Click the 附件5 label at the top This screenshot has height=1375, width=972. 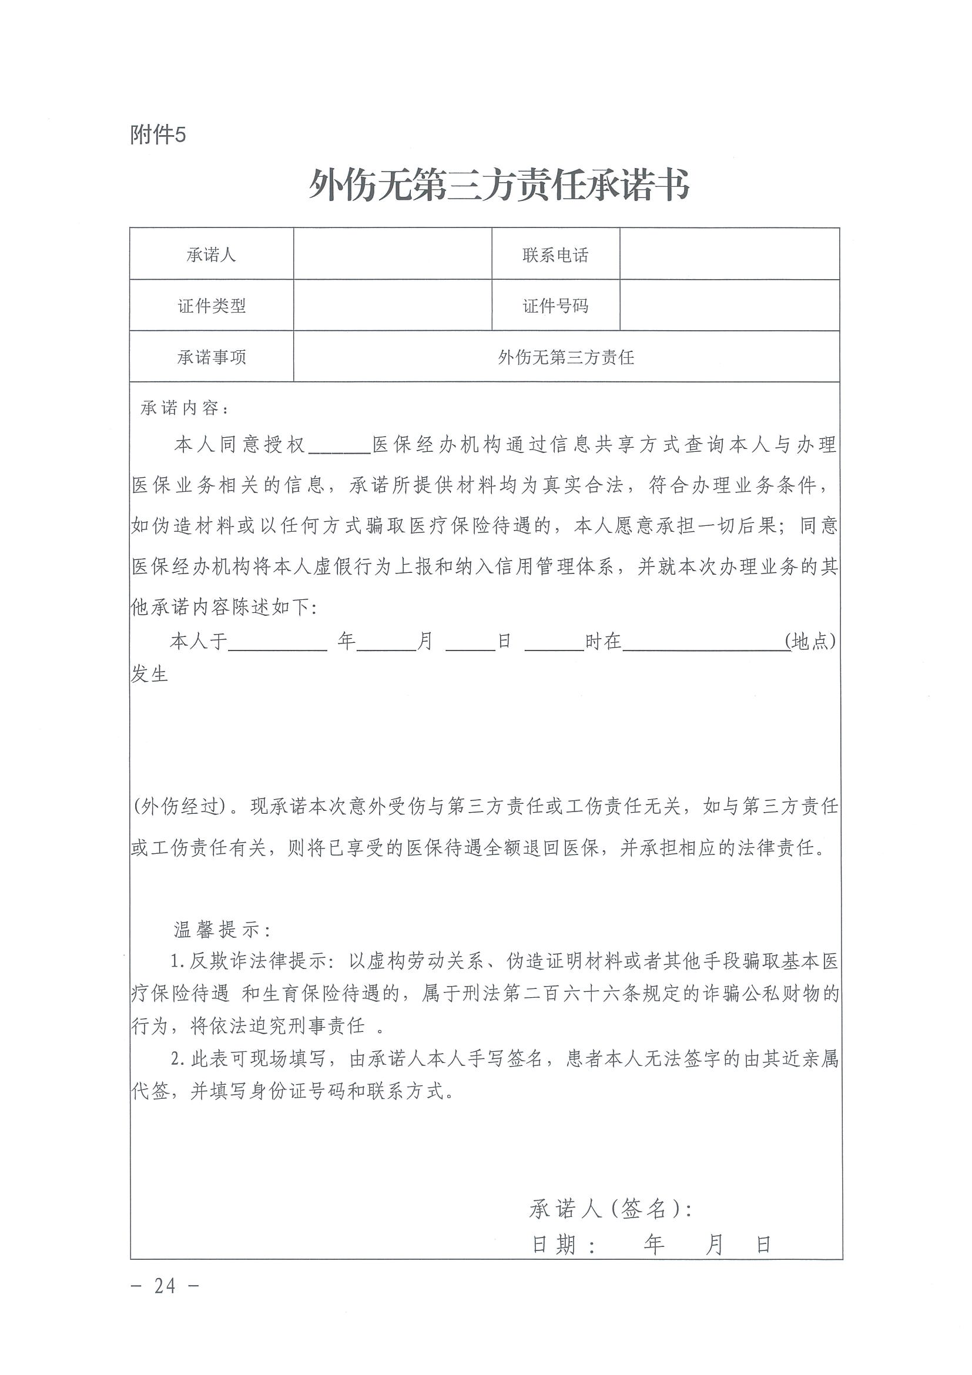[x=158, y=135]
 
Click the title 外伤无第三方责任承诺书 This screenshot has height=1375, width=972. [x=498, y=185]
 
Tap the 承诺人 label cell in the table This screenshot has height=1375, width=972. [x=212, y=255]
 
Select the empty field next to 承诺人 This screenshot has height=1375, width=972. [x=393, y=254]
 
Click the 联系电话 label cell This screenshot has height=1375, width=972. [x=555, y=255]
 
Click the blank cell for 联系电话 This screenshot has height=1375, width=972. [x=729, y=254]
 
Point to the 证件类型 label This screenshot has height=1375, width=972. [x=212, y=306]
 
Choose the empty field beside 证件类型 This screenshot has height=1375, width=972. [x=393, y=306]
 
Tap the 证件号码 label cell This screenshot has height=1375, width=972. [x=555, y=306]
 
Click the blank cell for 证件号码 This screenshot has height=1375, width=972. [x=729, y=306]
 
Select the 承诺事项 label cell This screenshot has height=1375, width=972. [x=212, y=357]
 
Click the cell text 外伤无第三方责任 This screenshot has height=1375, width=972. [x=566, y=357]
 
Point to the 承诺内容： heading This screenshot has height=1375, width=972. [x=184, y=408]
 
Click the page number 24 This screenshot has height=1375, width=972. [x=165, y=1285]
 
